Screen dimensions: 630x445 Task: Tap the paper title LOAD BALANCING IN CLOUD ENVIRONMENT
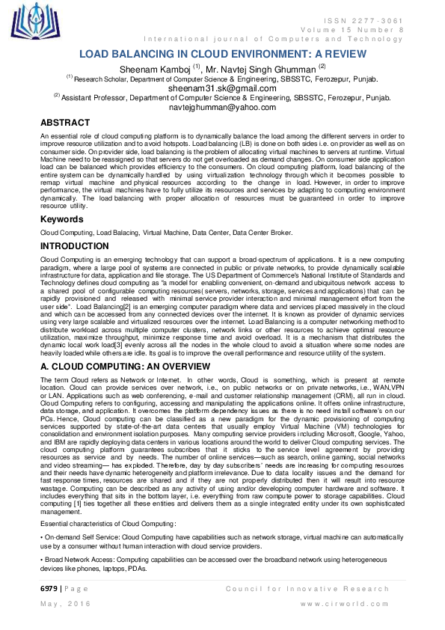[222, 55]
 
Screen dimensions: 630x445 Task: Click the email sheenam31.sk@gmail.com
[222, 88]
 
